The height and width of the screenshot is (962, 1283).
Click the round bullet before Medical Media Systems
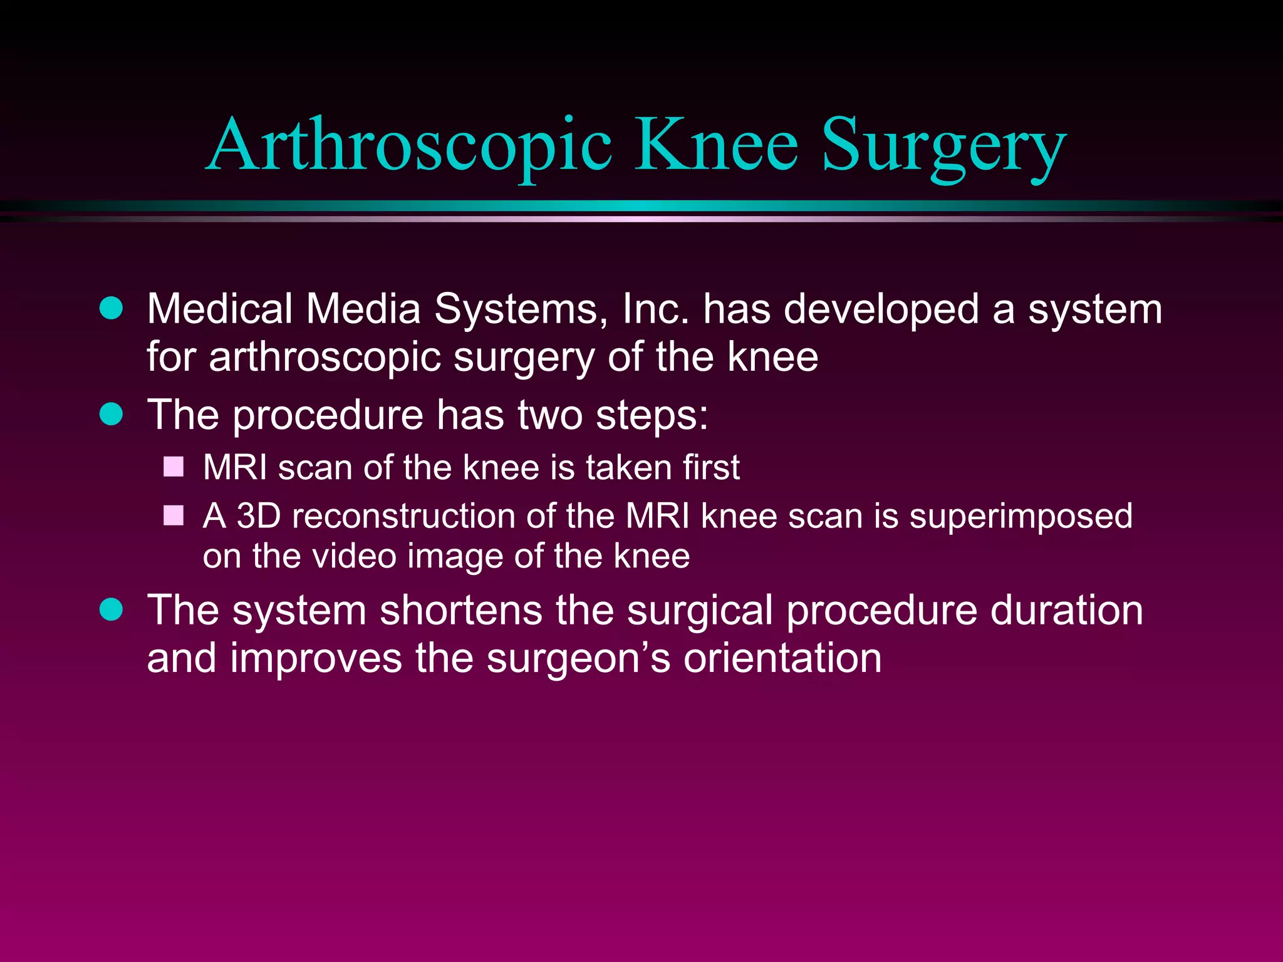point(112,308)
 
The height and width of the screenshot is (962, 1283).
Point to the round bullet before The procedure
point(112,414)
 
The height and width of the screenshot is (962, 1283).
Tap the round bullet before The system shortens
point(112,609)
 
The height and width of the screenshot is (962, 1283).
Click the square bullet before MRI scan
point(174,467)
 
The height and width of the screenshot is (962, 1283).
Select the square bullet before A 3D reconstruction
point(174,515)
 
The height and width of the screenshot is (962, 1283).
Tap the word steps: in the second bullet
point(652,416)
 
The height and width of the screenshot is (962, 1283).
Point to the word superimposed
point(1021,517)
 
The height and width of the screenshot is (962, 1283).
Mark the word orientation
point(782,659)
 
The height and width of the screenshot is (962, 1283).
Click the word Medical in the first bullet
point(219,309)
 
